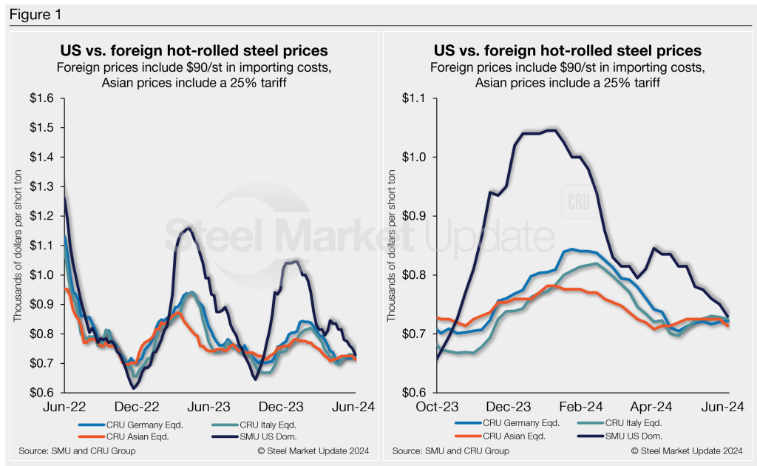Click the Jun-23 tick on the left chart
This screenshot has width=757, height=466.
tap(212, 407)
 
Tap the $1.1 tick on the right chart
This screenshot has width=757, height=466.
tap(418, 98)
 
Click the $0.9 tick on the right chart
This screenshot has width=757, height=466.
tap(418, 216)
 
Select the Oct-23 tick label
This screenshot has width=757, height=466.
tap(437, 407)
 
